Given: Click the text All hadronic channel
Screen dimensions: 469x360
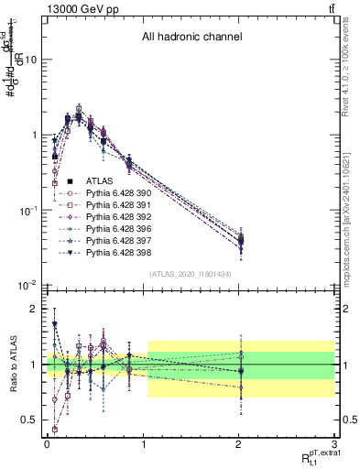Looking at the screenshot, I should pyautogui.click(x=191, y=38).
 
